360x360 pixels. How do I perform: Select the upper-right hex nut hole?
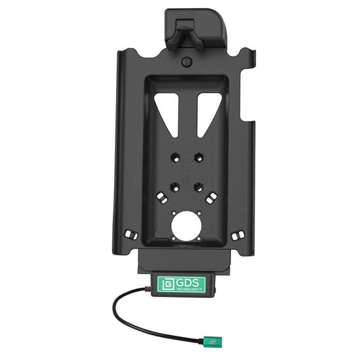point(199,157)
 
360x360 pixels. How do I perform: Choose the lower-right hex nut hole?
point(199,182)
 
